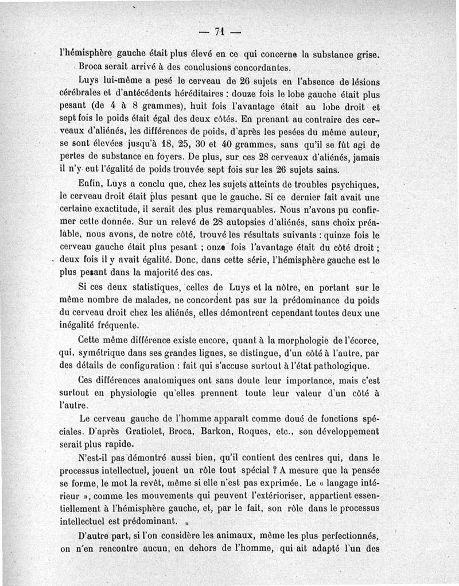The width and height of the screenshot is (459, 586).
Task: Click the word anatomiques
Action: (x=166, y=380)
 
